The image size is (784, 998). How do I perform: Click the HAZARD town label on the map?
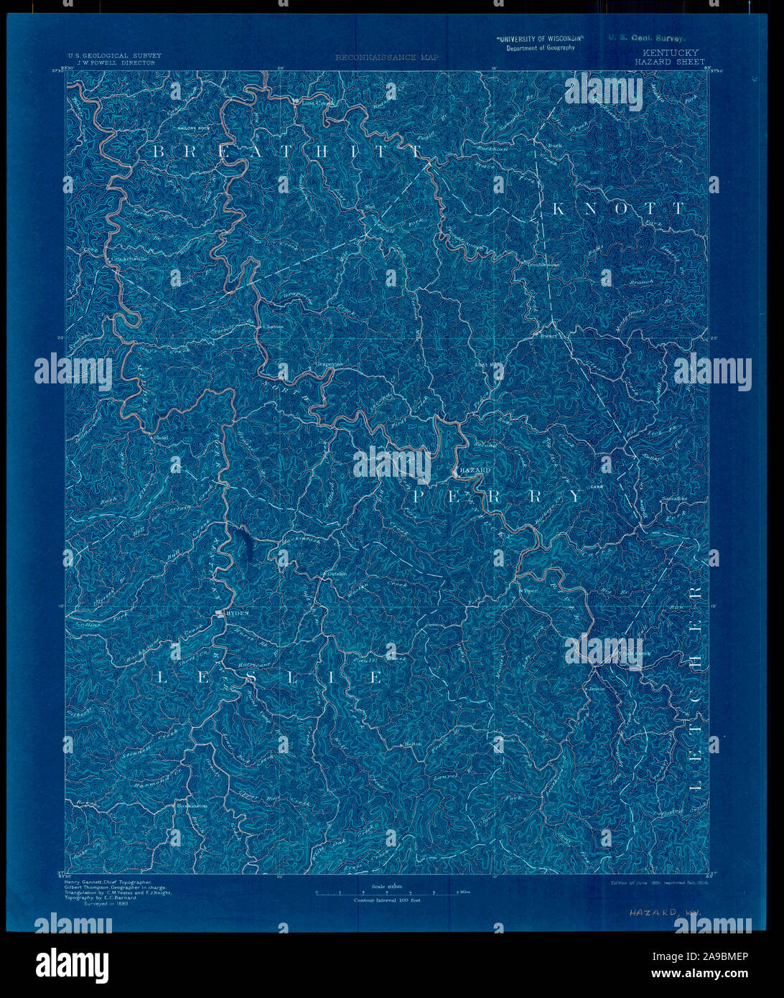[x=476, y=470]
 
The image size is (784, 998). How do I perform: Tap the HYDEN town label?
[x=236, y=613]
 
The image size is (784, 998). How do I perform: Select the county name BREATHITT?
[x=287, y=151]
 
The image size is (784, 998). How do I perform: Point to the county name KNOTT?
[x=619, y=208]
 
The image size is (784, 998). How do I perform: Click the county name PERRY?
[x=498, y=496]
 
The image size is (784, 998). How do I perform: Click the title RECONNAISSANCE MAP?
[x=386, y=57]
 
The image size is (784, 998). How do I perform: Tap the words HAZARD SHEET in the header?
[x=669, y=62]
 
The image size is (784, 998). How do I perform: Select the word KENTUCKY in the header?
[x=670, y=52]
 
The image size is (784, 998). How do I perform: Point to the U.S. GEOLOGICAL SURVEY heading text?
[x=115, y=55]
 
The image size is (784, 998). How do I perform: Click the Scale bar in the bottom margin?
[x=387, y=892]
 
